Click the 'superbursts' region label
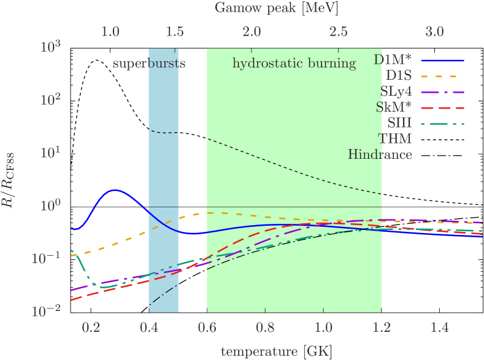click(148, 64)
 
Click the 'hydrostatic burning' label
click(294, 64)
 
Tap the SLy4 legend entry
click(396, 92)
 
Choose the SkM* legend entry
click(394, 108)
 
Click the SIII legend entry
click(399, 124)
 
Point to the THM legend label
click(396, 139)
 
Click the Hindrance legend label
click(380, 155)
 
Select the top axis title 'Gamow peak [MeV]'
click(277, 8)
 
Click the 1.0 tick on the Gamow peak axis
click(110, 31)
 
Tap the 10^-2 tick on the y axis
click(49, 312)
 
